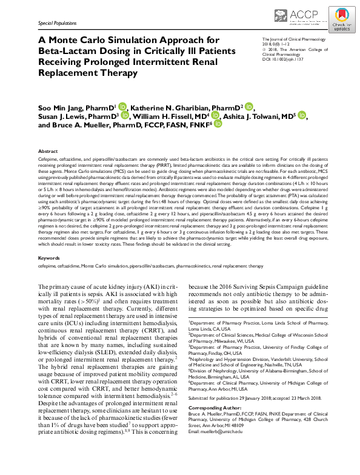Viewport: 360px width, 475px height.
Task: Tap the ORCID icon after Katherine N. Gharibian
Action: (x=249, y=107)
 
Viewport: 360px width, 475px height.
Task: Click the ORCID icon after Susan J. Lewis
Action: (x=125, y=116)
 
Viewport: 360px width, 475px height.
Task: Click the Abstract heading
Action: (x=48, y=151)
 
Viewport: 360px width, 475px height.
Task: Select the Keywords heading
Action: (x=49, y=258)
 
